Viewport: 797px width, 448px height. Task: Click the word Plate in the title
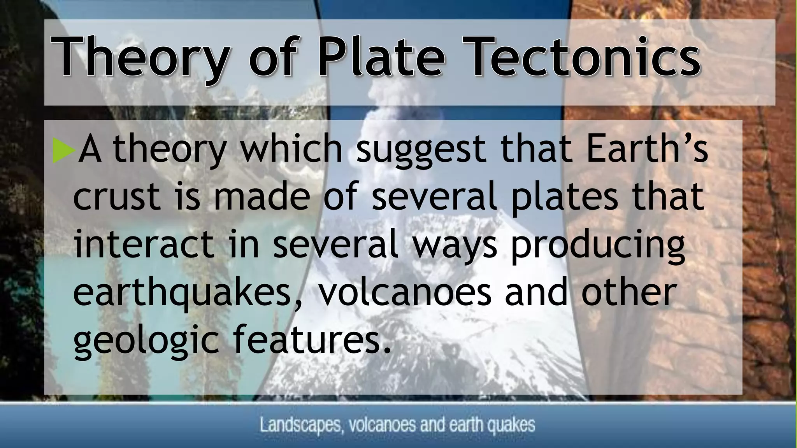coord(381,57)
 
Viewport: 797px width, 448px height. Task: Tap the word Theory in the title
coord(142,57)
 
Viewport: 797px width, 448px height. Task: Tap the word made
coord(262,197)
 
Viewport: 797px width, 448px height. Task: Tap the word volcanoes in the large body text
coord(405,292)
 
